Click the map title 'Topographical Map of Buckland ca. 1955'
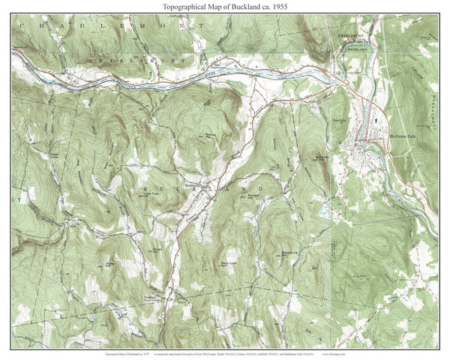(224, 6)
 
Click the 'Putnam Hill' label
(252, 197)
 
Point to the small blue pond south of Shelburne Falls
(323, 214)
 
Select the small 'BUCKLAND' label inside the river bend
(358, 48)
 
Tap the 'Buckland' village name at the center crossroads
(194, 181)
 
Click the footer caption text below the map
(224, 349)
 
